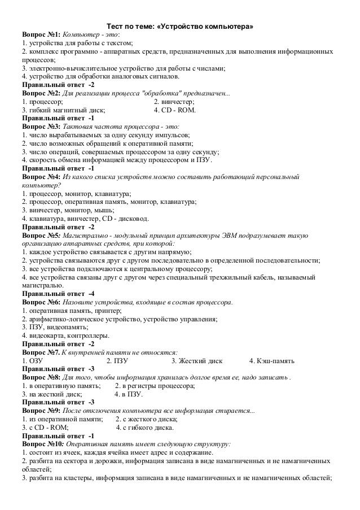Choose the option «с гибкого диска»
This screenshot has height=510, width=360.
(x=141, y=428)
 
